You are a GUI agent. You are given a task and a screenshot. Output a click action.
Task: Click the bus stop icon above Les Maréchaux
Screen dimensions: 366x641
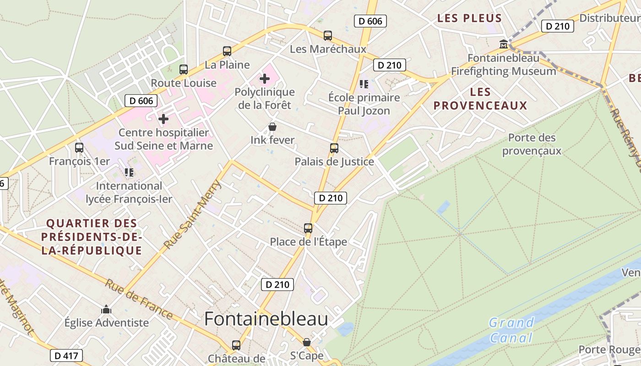[x=328, y=35]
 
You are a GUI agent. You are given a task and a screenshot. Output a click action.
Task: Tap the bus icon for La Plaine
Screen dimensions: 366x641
[x=227, y=51]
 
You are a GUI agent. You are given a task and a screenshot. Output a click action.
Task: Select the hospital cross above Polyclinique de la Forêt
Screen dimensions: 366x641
[x=265, y=79]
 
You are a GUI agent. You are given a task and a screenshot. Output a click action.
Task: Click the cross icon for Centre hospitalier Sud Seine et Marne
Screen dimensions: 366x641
[x=163, y=119]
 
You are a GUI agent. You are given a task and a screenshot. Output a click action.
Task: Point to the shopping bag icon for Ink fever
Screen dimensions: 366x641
[x=272, y=127]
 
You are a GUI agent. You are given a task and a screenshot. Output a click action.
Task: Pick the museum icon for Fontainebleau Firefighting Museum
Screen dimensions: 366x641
[x=504, y=44]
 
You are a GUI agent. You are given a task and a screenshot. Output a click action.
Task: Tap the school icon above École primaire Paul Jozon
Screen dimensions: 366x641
[x=364, y=84]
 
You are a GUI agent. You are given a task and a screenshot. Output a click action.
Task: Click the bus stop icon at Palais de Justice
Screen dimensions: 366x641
[x=334, y=148]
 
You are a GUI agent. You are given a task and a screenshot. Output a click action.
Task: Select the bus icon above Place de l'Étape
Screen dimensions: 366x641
[x=308, y=228]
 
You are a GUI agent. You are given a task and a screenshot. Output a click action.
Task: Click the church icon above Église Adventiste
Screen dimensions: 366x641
[x=106, y=309]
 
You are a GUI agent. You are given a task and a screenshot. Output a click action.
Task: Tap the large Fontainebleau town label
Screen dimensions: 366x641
[x=266, y=319]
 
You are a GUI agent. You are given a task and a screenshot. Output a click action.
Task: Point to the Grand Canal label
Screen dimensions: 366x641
[x=511, y=330]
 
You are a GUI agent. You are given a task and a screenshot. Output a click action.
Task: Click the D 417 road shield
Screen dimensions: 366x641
[x=66, y=355]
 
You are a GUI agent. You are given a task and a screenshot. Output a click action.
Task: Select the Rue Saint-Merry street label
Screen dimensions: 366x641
[x=193, y=215]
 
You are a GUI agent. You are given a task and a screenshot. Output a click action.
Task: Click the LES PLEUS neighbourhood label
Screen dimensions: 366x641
[x=469, y=18]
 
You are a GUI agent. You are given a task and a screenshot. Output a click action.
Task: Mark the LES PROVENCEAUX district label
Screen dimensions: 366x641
[x=480, y=99]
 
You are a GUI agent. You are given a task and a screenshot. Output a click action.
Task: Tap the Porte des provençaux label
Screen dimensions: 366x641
[x=532, y=144]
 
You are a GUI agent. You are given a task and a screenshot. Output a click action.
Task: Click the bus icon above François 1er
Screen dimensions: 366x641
[x=79, y=148]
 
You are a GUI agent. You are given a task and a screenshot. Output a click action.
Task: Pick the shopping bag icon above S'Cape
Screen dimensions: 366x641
[x=307, y=342]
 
